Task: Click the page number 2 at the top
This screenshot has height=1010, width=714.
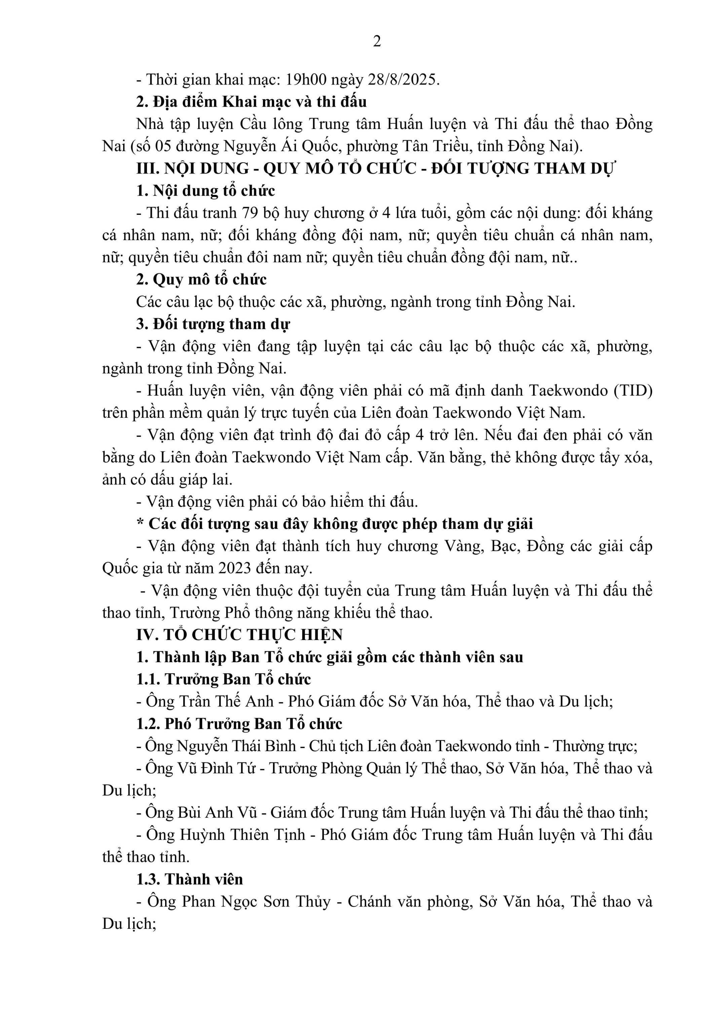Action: [377, 41]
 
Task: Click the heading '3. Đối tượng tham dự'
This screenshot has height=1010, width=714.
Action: [213, 324]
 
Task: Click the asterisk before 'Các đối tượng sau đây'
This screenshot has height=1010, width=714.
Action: [140, 524]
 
